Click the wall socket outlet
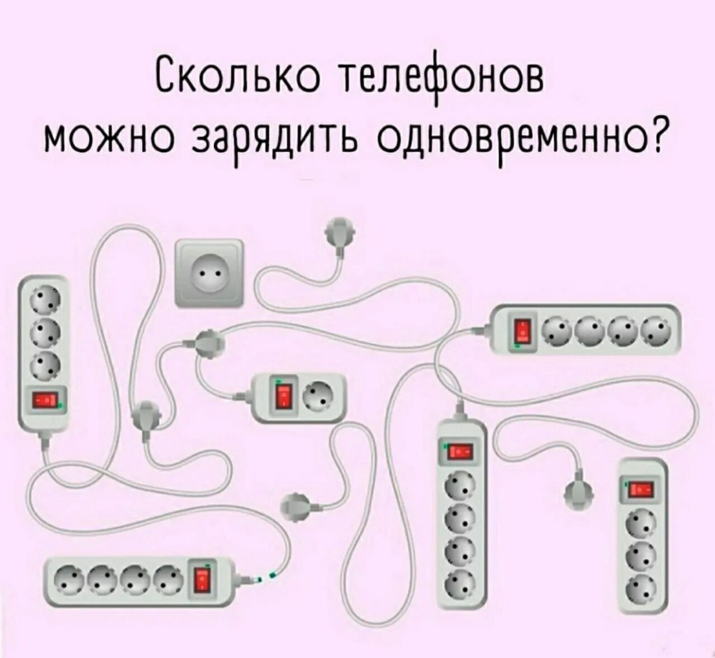(209, 273)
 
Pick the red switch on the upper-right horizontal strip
(522, 331)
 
